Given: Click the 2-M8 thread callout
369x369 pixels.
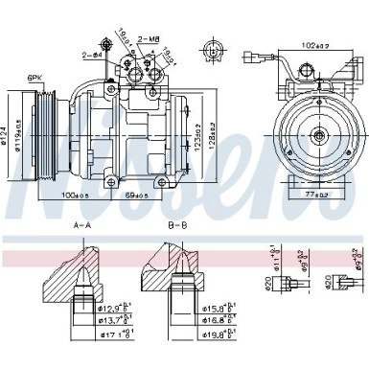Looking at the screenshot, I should (x=149, y=38).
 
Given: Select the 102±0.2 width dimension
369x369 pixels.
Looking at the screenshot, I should (x=309, y=44).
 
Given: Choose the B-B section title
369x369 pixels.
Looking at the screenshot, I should (x=176, y=226).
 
